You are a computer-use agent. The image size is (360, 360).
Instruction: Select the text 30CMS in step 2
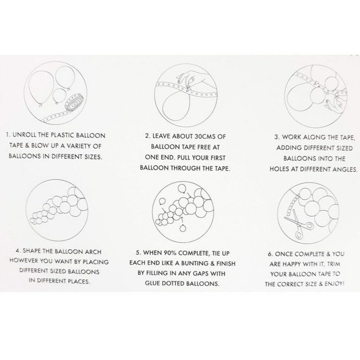205,137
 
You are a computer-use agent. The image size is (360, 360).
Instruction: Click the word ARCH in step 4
93,252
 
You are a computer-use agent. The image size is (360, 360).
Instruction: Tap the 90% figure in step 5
170,253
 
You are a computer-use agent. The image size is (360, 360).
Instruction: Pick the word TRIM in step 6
333,264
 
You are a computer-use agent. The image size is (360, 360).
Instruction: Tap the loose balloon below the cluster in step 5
183,228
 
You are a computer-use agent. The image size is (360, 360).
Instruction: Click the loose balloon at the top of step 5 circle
182,189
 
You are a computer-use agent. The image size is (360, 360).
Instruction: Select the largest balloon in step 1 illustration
41,88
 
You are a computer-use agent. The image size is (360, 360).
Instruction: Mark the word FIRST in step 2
217,158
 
